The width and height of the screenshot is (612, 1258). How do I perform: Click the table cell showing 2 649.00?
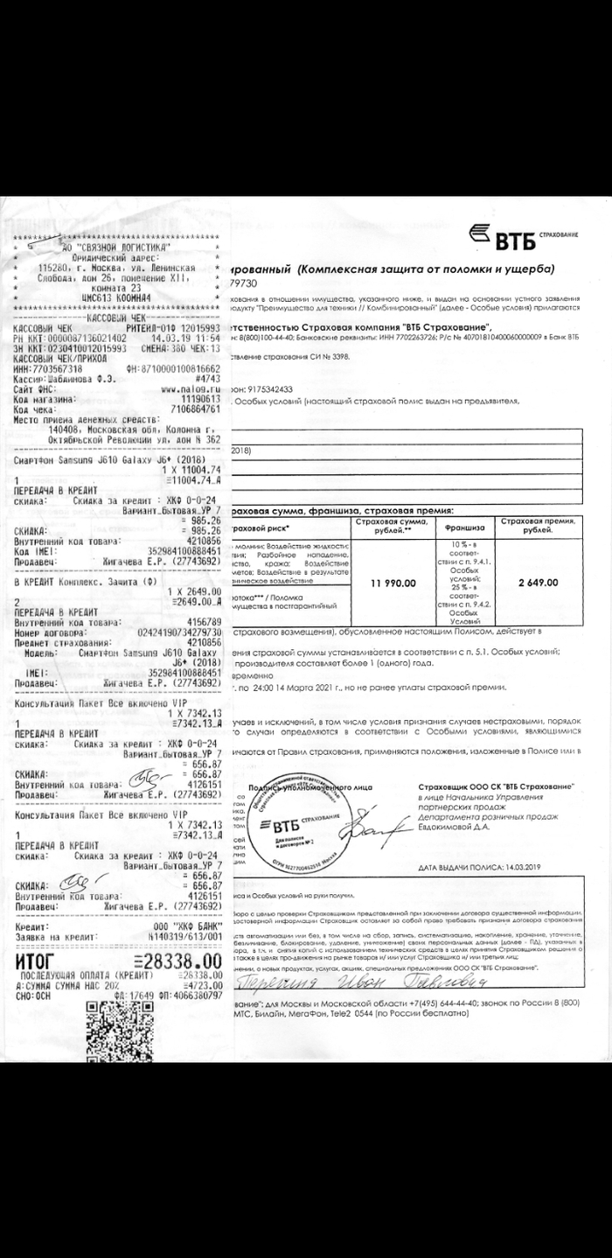(x=538, y=584)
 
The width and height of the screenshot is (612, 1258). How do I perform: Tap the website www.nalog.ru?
(x=191, y=388)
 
